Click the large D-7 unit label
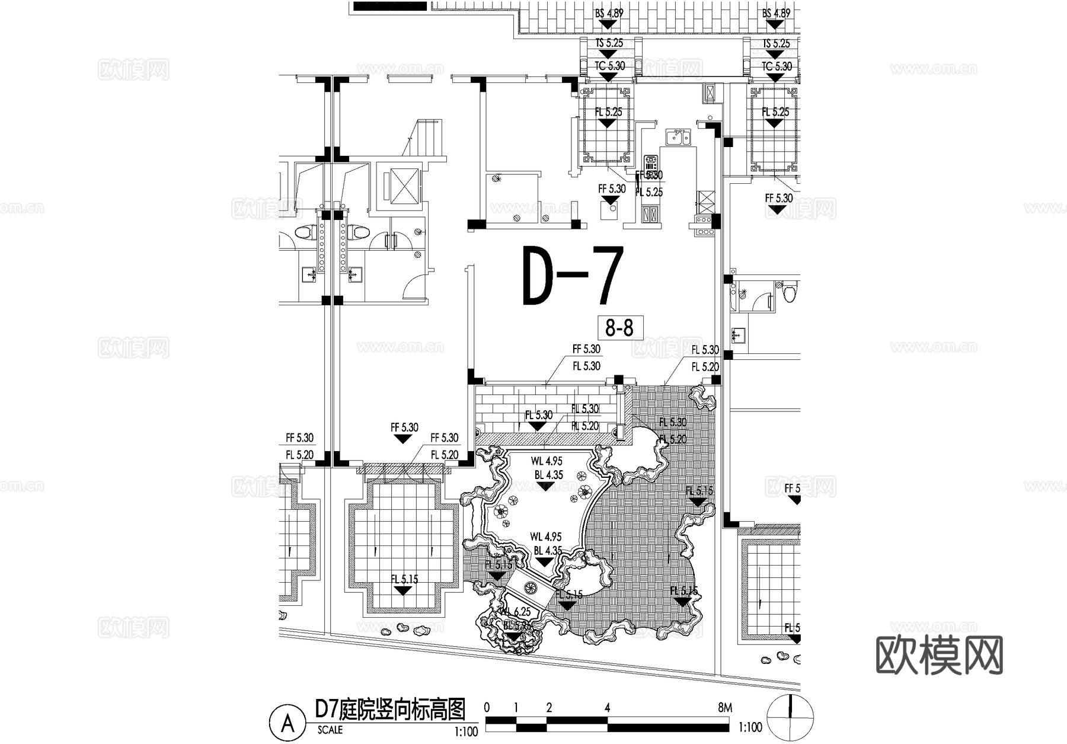click(573, 276)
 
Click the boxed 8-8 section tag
click(619, 327)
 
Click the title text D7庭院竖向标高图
click(389, 709)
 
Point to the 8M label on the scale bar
click(724, 707)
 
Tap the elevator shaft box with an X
click(402, 186)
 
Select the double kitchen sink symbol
click(677, 138)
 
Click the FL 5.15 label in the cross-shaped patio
click(404, 579)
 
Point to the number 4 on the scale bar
click(607, 707)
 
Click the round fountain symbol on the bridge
click(530, 588)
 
